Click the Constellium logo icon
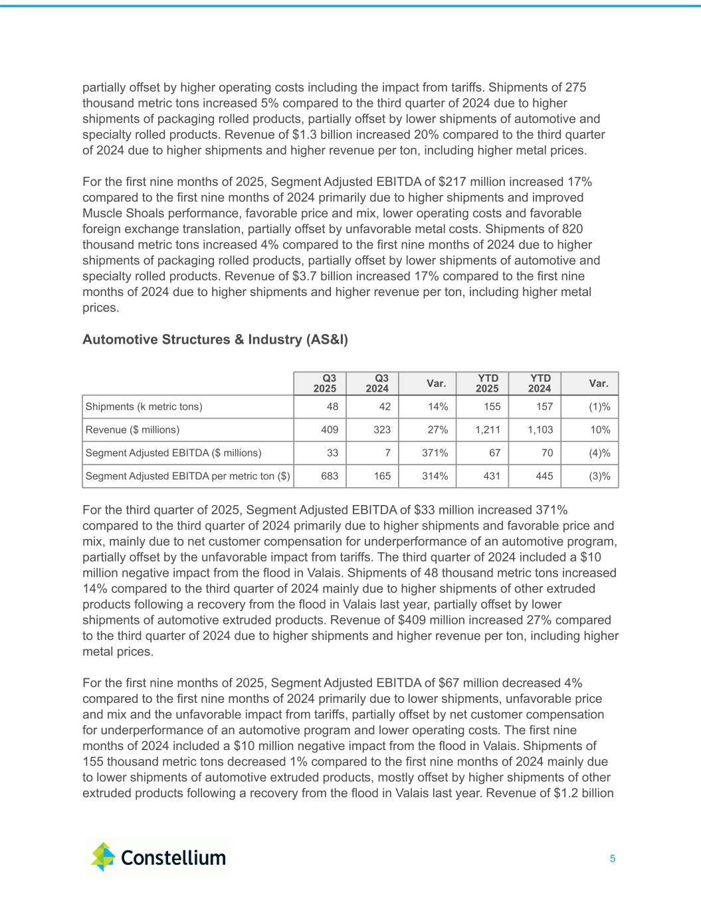[x=103, y=856]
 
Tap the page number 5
[x=612, y=859]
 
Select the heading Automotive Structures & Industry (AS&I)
[x=215, y=340]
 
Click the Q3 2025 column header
[x=325, y=384]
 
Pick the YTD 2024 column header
[x=540, y=384]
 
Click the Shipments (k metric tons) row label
[x=144, y=407]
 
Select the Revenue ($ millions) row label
[x=133, y=430]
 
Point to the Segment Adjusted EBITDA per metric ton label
[x=188, y=476]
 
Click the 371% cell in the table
[x=436, y=453]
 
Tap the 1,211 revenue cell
[x=488, y=430]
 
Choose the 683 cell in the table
[x=330, y=476]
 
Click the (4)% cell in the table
[x=600, y=453]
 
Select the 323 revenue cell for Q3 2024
[x=382, y=430]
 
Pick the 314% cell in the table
[x=436, y=476]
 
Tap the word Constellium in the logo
[x=173, y=858]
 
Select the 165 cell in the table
[x=382, y=476]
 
